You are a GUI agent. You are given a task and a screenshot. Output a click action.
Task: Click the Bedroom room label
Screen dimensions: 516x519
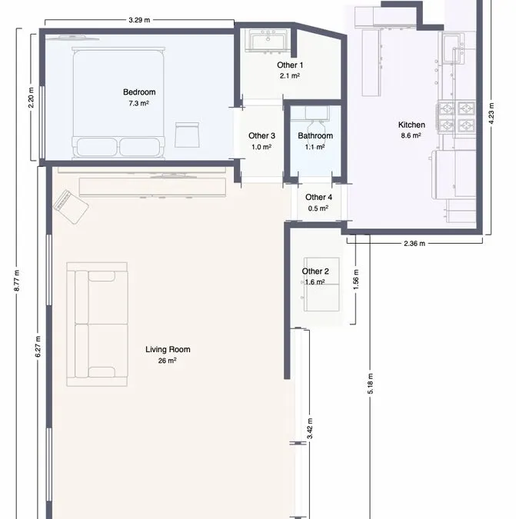click(x=139, y=92)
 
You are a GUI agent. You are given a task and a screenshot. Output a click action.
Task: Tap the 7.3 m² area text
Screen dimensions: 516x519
click(x=138, y=103)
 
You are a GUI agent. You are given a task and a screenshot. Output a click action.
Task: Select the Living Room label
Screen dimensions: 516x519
click(x=168, y=349)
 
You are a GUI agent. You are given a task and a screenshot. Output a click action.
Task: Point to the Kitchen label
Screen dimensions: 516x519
click(x=411, y=125)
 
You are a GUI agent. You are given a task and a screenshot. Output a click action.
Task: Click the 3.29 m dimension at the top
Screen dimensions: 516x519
click(x=139, y=20)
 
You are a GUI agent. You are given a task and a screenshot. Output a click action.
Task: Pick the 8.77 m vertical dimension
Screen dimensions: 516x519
click(x=17, y=281)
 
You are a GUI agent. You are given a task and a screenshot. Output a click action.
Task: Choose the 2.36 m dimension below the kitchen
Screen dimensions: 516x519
click(x=414, y=244)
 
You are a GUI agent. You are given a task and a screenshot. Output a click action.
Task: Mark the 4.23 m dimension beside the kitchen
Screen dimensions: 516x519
click(x=491, y=113)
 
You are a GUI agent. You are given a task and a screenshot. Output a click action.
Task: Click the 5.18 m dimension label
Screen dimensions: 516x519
click(x=371, y=384)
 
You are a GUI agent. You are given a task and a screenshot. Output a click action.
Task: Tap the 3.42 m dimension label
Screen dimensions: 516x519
click(x=310, y=428)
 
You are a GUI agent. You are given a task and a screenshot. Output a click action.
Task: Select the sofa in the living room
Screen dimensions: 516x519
click(x=97, y=324)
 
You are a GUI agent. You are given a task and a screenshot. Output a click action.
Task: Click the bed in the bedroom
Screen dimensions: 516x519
click(x=118, y=102)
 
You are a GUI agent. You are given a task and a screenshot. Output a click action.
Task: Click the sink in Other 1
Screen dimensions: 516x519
click(x=268, y=41)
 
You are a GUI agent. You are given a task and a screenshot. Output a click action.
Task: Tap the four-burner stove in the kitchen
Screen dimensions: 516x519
click(x=457, y=117)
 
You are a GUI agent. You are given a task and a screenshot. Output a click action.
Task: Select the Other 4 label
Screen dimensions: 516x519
click(x=318, y=198)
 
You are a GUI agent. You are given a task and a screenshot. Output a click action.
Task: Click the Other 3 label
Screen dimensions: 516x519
click(x=261, y=135)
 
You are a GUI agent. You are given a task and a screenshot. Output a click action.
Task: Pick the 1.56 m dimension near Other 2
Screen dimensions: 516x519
click(x=356, y=280)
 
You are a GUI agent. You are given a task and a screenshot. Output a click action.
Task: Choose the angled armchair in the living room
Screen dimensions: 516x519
click(x=71, y=207)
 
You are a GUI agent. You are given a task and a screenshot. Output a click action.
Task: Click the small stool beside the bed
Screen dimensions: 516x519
click(x=187, y=135)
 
